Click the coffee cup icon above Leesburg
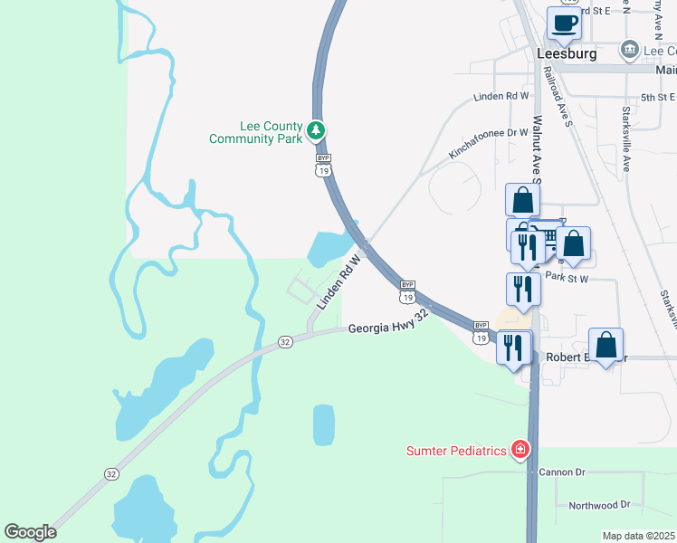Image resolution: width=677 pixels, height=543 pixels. click(566, 24)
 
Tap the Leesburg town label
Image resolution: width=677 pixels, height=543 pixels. click(567, 54)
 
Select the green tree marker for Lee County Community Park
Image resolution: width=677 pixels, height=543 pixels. click(316, 131)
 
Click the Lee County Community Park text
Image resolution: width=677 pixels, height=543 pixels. click(254, 133)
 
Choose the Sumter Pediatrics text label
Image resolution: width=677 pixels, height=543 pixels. click(455, 451)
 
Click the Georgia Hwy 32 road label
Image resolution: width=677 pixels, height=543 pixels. click(386, 325)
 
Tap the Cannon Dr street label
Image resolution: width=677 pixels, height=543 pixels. click(562, 472)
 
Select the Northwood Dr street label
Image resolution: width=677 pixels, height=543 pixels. click(598, 504)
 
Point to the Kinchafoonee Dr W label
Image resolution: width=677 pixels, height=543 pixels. click(488, 144)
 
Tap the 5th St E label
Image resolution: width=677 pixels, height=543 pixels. click(658, 97)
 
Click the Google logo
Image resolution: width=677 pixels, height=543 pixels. click(30, 532)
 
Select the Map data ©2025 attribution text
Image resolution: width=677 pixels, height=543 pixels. click(638, 536)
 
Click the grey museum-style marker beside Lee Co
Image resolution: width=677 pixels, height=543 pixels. click(628, 48)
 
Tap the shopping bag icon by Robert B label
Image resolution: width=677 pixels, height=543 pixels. click(605, 345)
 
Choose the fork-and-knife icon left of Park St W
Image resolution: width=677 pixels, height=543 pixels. click(523, 289)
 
